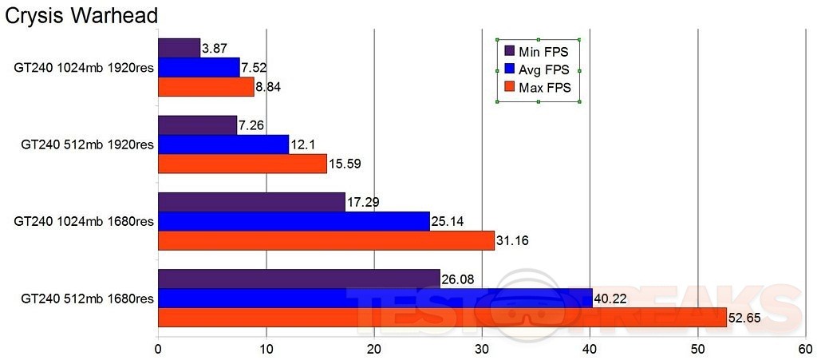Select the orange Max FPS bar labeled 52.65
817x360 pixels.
(442, 317)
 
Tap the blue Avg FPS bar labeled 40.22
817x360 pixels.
(375, 298)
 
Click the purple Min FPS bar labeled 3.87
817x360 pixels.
(179, 48)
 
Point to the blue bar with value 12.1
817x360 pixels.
(223, 144)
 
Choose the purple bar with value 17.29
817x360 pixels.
(251, 202)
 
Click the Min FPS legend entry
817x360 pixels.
(538, 52)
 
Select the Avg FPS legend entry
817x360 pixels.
(538, 69)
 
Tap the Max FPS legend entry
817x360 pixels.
(538, 87)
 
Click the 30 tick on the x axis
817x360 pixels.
(482, 349)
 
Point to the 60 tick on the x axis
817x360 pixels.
(805, 349)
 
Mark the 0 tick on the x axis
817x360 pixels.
(158, 349)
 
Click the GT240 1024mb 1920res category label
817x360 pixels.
(83, 68)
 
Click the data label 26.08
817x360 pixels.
(460, 279)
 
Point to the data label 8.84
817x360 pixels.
(270, 87)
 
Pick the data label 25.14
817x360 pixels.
(448, 221)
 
